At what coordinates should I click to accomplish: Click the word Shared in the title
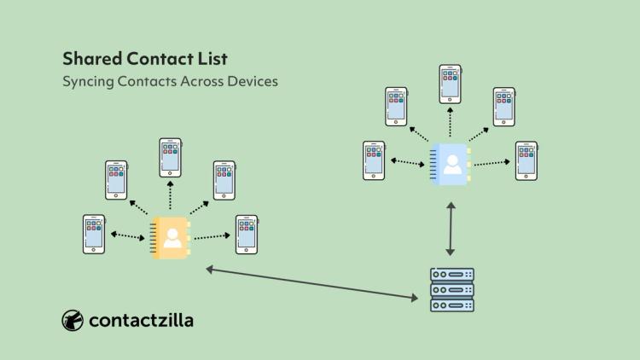[90, 59]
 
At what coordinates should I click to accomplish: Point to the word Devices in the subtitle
[252, 82]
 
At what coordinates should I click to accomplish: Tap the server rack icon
[451, 290]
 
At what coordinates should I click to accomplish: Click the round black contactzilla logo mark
[73, 320]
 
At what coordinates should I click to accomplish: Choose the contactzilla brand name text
[140, 320]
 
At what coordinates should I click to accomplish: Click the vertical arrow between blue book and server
[451, 229]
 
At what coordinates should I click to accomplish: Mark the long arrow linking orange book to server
[311, 284]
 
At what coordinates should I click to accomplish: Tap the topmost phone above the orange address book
[171, 158]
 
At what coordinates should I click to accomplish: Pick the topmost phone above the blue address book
[451, 84]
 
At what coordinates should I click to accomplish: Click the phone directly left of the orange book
[94, 234]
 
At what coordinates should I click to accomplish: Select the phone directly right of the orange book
[247, 234]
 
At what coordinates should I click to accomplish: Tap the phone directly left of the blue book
[374, 160]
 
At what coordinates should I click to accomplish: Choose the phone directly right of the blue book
[527, 160]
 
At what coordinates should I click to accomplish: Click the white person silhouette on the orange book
[173, 238]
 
